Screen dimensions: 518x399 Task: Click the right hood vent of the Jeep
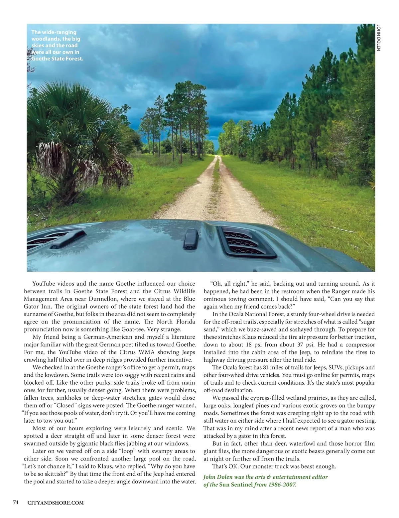click(247, 241)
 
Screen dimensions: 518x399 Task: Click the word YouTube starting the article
click(44, 284)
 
